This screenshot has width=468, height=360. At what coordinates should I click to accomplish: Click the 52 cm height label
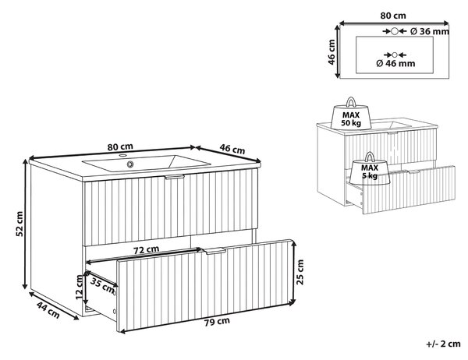19,224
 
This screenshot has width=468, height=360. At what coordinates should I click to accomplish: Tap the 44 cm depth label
48,310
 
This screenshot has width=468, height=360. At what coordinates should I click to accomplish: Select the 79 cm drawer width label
217,322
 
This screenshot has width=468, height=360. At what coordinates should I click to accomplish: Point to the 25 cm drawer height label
300,272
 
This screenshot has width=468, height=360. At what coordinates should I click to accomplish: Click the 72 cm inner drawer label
147,249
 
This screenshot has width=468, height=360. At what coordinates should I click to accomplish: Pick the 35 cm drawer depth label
102,285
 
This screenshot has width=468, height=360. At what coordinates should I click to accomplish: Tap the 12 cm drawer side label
79,287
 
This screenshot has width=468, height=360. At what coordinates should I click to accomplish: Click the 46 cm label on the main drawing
232,148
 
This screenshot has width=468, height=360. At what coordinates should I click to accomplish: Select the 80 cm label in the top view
393,16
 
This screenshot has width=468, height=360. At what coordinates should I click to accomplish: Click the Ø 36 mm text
430,31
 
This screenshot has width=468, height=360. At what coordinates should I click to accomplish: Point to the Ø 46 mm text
395,63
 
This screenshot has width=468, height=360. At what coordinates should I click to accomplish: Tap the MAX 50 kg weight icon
351,114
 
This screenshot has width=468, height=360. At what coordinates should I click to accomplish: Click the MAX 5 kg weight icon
370,169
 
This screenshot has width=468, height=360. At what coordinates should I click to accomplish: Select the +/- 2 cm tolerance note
444,344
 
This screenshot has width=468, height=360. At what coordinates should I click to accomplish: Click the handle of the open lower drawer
214,251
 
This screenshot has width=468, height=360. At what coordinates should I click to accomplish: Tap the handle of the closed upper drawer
175,177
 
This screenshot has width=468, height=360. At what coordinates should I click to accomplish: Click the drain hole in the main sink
130,164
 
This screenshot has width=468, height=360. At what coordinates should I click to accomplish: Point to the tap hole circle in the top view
395,31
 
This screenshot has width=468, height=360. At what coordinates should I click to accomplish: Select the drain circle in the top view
395,55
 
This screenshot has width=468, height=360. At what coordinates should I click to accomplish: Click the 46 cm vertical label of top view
331,52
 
